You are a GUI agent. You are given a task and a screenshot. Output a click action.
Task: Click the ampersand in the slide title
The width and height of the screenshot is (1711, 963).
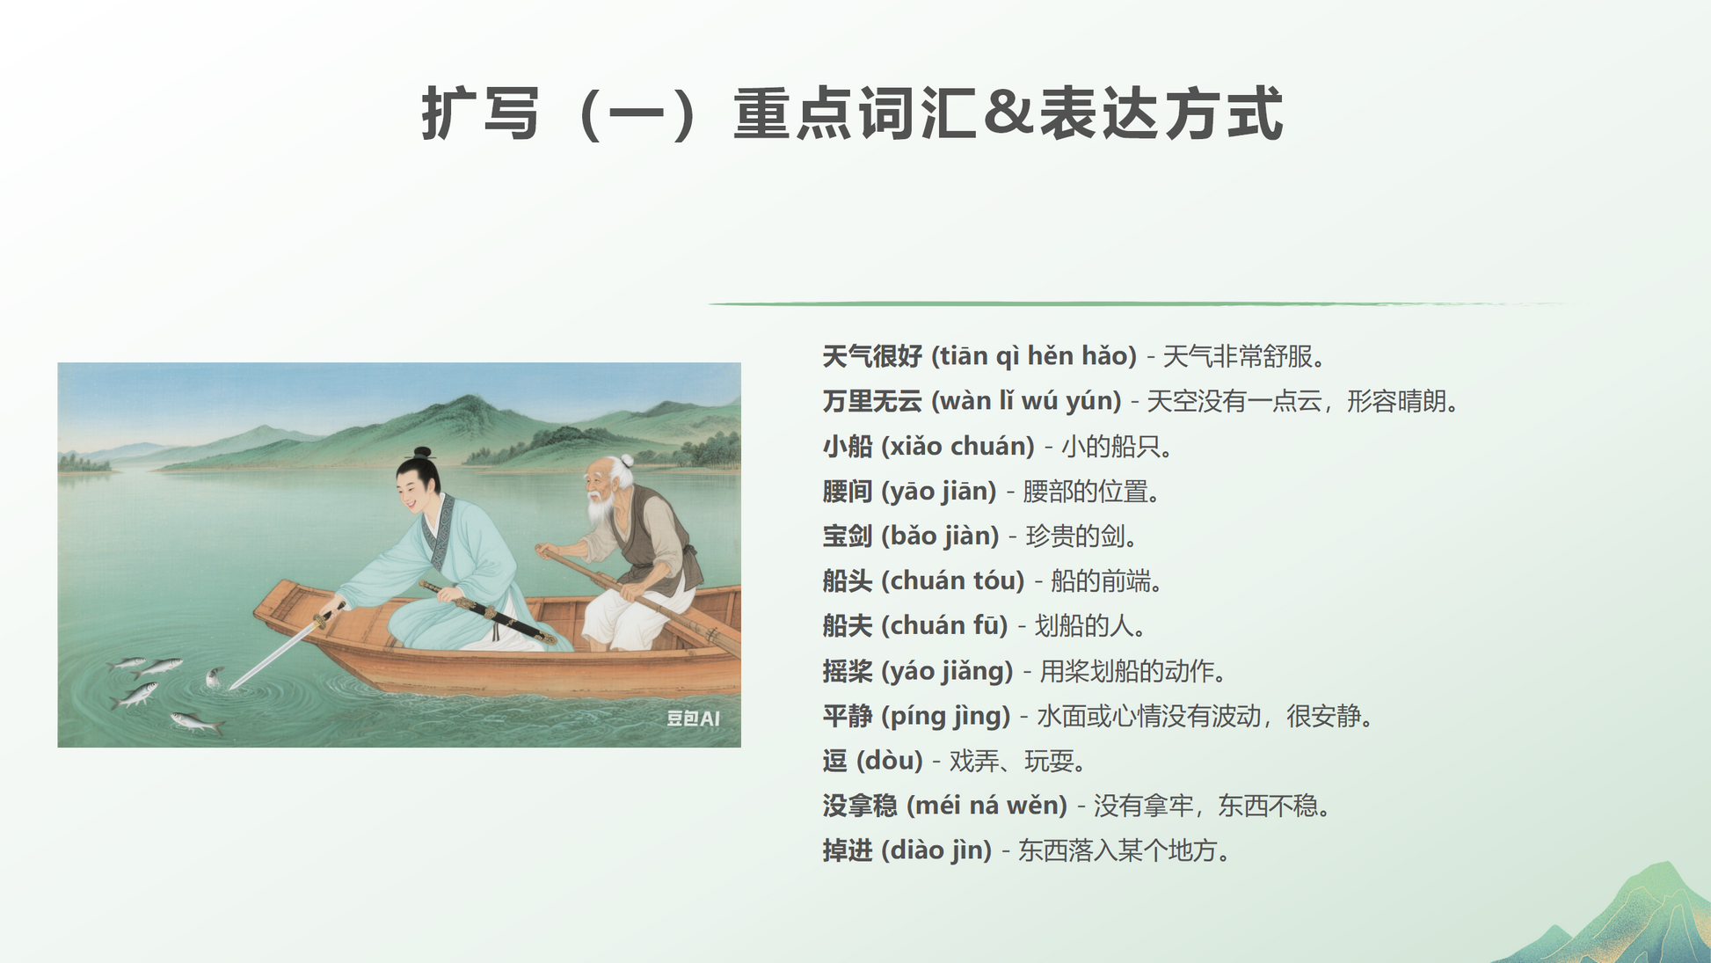click(1008, 113)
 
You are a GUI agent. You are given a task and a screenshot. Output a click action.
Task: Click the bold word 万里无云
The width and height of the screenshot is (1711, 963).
click(872, 401)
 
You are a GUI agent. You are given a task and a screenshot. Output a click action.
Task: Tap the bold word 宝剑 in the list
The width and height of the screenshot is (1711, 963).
click(848, 536)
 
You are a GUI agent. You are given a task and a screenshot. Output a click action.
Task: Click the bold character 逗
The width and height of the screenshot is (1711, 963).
click(835, 761)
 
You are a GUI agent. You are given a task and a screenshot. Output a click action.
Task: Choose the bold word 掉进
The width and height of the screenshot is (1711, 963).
click(848, 850)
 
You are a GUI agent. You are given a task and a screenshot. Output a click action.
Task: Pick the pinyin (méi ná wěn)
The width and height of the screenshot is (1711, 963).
click(987, 806)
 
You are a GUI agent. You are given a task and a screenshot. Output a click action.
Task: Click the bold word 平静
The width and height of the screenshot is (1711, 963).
click(848, 716)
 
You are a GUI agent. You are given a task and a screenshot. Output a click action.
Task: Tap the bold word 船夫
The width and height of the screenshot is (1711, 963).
click(848, 626)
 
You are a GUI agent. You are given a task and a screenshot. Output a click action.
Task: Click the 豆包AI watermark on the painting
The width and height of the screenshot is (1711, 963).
click(693, 719)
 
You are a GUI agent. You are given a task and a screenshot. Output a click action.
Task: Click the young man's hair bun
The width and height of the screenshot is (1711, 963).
click(423, 454)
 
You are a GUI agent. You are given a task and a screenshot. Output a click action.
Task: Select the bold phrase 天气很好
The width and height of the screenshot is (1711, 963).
click(872, 356)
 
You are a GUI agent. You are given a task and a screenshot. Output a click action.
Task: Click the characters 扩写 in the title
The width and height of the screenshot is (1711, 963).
click(480, 113)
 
